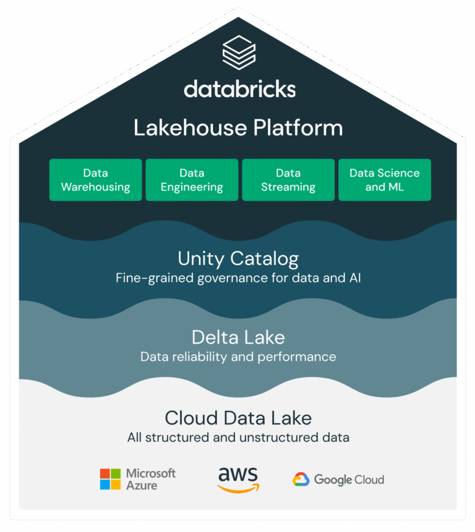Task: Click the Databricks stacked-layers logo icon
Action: coord(239,53)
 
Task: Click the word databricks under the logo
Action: coord(239,89)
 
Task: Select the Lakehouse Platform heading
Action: coord(238,128)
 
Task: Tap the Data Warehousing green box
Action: coord(96,180)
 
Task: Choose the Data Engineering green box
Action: coord(192,180)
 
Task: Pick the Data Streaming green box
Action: coord(288,180)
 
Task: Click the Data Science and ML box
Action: coord(385,180)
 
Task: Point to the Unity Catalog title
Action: coord(238,258)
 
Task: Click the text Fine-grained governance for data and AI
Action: coord(238,278)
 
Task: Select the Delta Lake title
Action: coord(238,337)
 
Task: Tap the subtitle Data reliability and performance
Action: coord(238,357)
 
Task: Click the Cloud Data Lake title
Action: coord(238,418)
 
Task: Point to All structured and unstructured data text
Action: coord(238,437)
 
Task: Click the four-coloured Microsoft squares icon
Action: coord(110,479)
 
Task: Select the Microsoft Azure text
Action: coord(150,479)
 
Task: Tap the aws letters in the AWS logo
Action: coord(238,475)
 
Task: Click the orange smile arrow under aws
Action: coord(239,489)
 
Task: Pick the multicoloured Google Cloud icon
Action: coord(301,479)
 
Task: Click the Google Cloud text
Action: coord(349,479)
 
